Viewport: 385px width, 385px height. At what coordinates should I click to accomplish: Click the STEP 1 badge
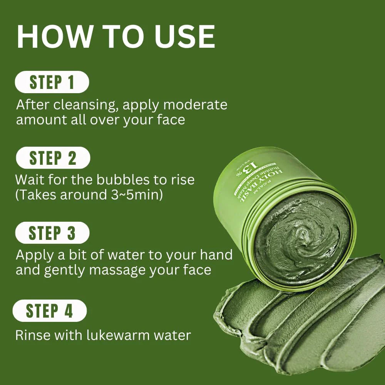[52, 82]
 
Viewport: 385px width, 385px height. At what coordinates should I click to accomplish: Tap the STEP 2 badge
[53, 158]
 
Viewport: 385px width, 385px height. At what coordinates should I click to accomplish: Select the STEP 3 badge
[52, 233]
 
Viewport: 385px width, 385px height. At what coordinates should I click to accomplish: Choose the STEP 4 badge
[50, 311]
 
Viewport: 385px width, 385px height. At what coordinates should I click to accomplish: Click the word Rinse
[32, 335]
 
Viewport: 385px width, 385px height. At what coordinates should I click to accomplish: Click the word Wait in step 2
[30, 180]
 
